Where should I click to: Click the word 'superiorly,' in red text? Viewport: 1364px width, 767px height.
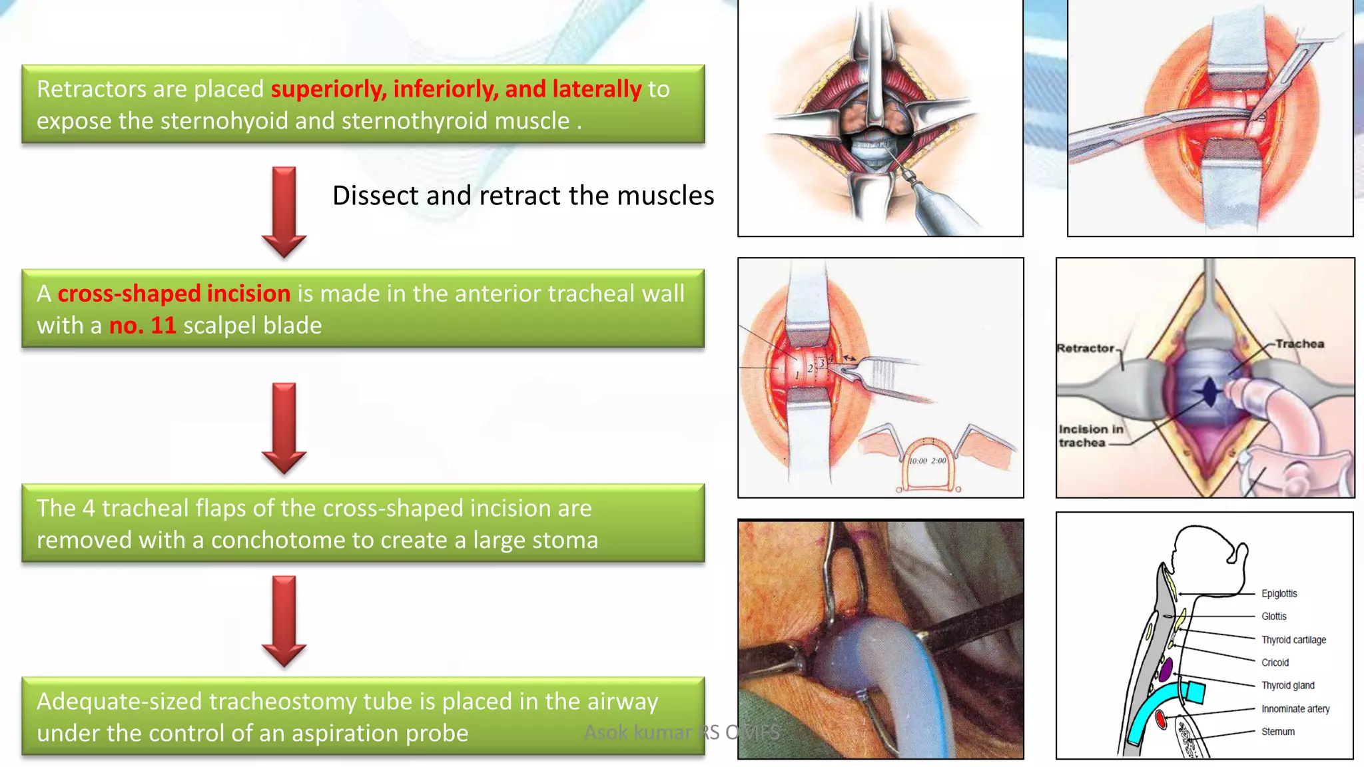(x=328, y=89)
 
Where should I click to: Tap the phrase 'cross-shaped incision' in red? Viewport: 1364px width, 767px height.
(x=174, y=294)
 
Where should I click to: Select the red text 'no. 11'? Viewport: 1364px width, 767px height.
(x=143, y=326)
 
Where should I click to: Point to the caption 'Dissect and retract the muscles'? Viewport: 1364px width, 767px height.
(x=523, y=196)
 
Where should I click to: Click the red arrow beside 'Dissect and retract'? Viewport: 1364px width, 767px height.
(x=284, y=212)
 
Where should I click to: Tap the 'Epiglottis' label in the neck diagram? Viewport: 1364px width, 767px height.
(x=1279, y=593)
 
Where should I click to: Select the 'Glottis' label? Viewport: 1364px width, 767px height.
(x=1273, y=617)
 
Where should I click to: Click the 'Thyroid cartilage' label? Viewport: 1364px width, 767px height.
(x=1293, y=640)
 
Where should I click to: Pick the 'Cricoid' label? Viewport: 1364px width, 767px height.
(x=1275, y=662)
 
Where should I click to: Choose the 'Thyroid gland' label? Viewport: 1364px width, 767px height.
(x=1287, y=686)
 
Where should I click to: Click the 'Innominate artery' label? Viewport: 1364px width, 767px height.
(x=1295, y=709)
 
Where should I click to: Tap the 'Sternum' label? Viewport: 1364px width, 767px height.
(x=1277, y=732)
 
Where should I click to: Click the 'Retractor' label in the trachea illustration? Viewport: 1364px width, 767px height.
(x=1085, y=348)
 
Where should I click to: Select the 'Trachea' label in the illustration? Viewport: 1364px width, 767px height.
(x=1299, y=344)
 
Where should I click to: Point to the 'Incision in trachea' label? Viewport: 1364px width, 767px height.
(x=1090, y=436)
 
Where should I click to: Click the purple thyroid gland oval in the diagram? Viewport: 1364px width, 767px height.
(x=1165, y=669)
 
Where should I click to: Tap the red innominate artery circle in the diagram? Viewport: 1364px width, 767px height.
(x=1160, y=719)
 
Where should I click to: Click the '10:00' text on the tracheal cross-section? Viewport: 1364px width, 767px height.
(x=918, y=461)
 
